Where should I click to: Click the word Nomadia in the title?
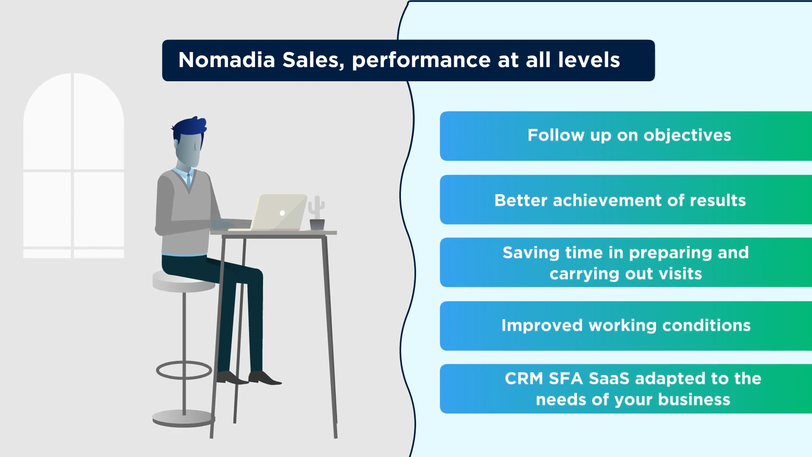(x=227, y=60)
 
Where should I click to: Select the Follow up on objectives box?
(x=626, y=136)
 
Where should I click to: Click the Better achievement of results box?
(x=626, y=200)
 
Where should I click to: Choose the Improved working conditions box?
(x=626, y=326)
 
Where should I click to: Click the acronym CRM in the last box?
(x=524, y=378)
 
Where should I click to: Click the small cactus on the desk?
(x=316, y=207)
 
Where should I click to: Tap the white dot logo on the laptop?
(x=282, y=213)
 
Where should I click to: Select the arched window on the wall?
(x=74, y=165)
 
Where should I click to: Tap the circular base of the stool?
(x=184, y=418)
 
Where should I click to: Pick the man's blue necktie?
(x=189, y=179)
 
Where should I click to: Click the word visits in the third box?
(x=680, y=274)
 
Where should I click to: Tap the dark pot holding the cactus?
(x=317, y=225)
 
